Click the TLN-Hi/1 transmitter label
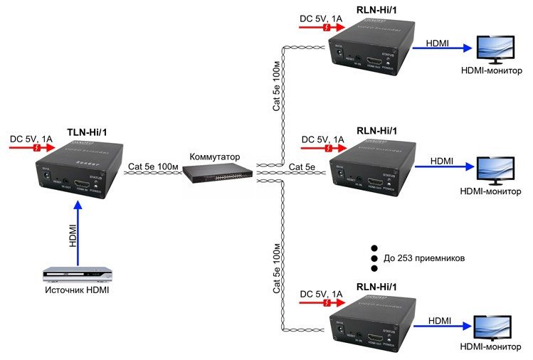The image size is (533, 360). click(91, 132)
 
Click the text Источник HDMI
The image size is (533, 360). click(78, 290)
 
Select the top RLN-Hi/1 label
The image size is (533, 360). click(376, 9)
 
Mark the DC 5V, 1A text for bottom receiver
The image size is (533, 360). click(323, 292)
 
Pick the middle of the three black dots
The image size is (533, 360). click(373, 259)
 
